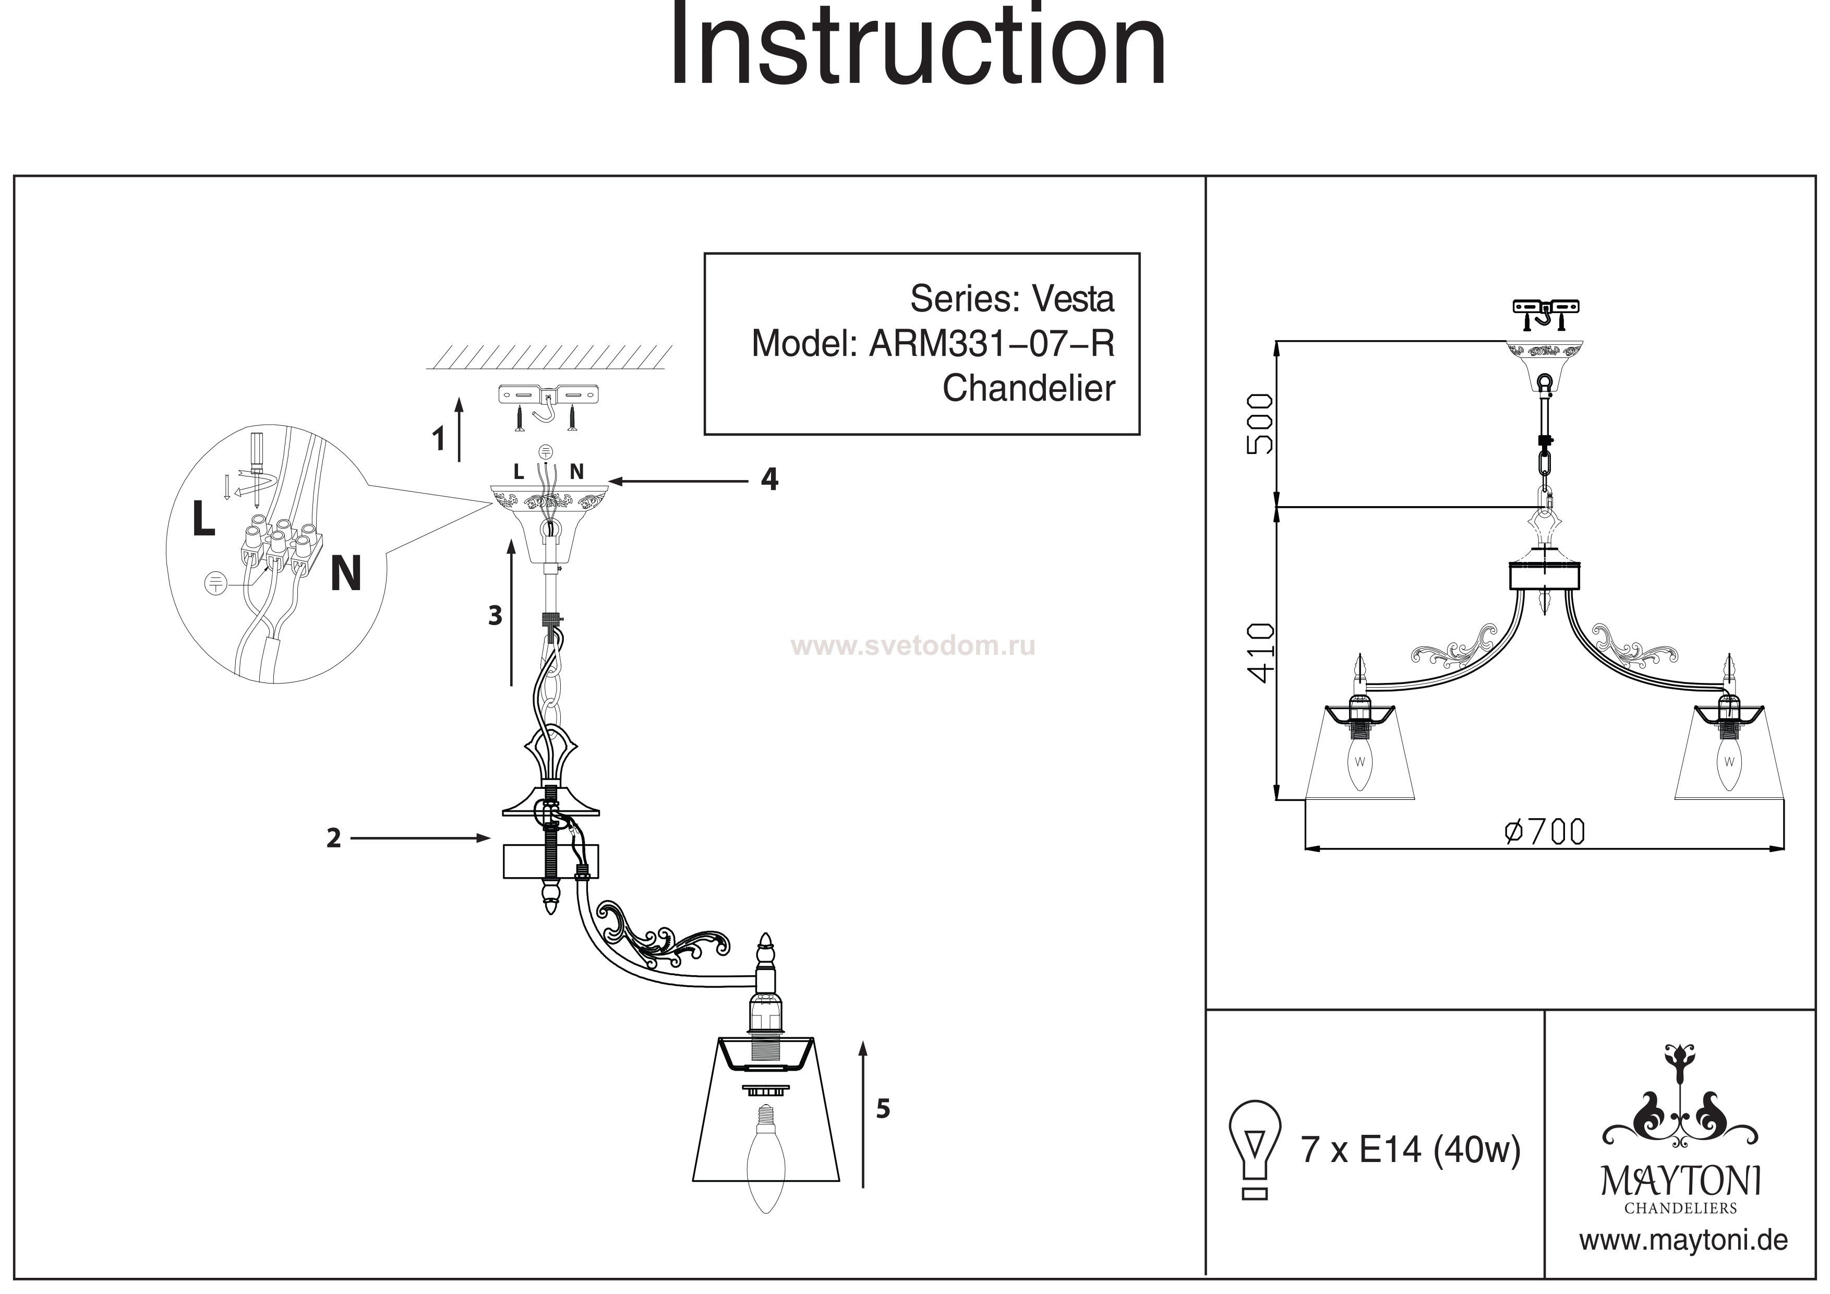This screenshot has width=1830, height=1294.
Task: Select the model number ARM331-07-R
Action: pos(992,344)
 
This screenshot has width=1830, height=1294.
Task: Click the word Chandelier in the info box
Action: pos(1028,389)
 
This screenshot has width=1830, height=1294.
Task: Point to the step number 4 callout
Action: pos(769,479)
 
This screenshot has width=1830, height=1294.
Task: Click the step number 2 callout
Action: pos(334,838)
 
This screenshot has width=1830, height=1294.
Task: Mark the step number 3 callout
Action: pos(495,616)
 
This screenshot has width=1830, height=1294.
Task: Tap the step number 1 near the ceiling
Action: pos(438,439)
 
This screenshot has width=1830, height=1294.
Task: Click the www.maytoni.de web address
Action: pos(1683,1241)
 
